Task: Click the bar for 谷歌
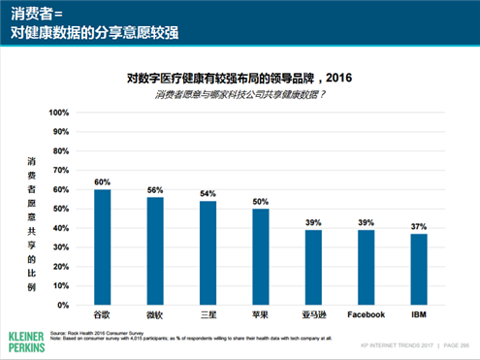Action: point(102,246)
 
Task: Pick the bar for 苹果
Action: point(260,256)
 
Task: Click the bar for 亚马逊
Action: point(312,267)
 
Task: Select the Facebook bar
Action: point(366,267)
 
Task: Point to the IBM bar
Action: point(418,269)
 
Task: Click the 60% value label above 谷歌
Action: point(102,181)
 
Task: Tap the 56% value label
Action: point(154,189)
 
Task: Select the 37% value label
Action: point(418,226)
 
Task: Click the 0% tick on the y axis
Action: point(64,305)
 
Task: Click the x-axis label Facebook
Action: point(366,315)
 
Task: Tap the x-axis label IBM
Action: point(418,315)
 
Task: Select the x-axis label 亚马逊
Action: point(312,315)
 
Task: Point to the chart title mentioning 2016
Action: point(239,77)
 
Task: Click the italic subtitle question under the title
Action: point(239,94)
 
